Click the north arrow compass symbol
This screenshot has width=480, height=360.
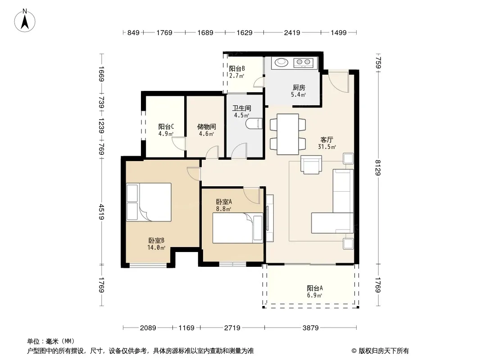coord(25,21)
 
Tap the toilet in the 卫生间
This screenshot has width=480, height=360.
coord(254,124)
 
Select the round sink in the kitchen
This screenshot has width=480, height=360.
coord(281,63)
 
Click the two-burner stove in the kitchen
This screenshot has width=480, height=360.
coord(303,63)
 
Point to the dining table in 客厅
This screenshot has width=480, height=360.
coord(288,134)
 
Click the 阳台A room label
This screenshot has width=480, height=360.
coord(315,288)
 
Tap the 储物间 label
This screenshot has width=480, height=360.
coord(206,126)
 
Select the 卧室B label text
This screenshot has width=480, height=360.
coord(156,241)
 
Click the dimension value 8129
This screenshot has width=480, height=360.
coord(378,167)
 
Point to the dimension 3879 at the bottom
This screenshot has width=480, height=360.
coord(310,328)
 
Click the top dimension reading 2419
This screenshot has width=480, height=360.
coord(292,32)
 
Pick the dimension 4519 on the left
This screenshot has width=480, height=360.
coord(102,212)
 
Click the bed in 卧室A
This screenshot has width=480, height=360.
coord(238,228)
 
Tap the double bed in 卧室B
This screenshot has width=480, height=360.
coord(149,202)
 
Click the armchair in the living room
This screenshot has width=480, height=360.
coord(311,165)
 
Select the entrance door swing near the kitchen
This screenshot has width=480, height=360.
coord(339,81)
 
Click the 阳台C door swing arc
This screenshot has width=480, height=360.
coord(178,144)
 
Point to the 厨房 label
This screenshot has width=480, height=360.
coord(299,88)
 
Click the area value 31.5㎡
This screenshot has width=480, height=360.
coord(326,147)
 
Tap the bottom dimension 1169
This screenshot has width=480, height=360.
coord(186,328)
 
